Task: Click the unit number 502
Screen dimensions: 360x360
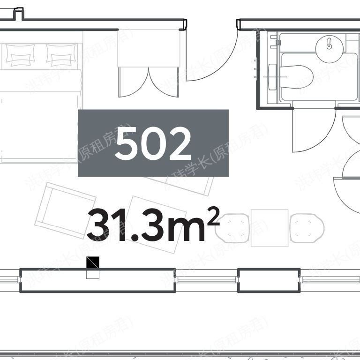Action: pos(153,143)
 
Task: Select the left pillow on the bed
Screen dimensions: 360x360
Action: pos(20,56)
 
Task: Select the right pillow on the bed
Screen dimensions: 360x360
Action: pos(61,56)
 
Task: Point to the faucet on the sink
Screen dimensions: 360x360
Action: pos(330,45)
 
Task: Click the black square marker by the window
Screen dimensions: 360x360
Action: pos(93,262)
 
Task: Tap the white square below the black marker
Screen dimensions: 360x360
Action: pos(93,273)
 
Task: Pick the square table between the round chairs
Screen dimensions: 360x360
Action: pos(269,228)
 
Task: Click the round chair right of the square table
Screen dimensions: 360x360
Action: pos(307,228)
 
